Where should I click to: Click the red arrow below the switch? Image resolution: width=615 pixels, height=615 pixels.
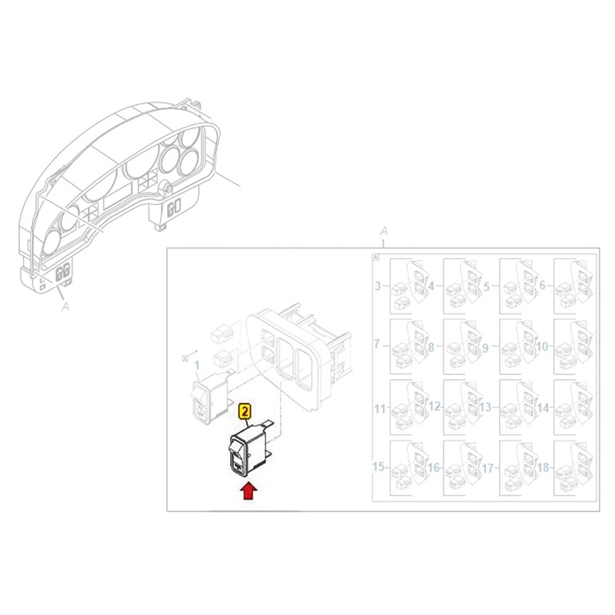[x=248, y=491]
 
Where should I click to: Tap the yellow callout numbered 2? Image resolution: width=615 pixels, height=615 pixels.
[x=245, y=411]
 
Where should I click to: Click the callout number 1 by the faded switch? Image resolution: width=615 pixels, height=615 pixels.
[x=197, y=365]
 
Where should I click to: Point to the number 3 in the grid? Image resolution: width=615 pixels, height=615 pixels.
[x=378, y=286]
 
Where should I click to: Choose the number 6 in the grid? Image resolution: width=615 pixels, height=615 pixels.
[x=542, y=286]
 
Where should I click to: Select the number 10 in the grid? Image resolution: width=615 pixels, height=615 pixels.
[x=541, y=347]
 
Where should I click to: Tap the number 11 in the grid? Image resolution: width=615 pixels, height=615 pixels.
[x=379, y=408]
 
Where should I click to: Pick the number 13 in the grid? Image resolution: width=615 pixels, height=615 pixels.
[x=485, y=407]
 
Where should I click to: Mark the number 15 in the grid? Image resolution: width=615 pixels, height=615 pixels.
[x=379, y=468]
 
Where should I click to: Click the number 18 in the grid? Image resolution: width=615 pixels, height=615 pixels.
[x=542, y=468]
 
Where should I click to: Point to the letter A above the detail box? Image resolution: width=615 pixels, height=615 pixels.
[x=384, y=231]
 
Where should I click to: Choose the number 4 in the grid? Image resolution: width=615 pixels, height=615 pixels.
[x=431, y=286]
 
